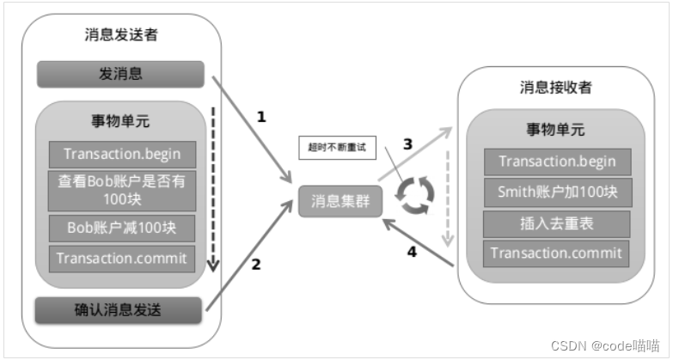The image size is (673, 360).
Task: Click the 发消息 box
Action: pyautogui.click(x=120, y=74)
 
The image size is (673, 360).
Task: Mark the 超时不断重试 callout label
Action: pyautogui.click(x=331, y=147)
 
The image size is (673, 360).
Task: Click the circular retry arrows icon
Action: pyautogui.click(x=414, y=194)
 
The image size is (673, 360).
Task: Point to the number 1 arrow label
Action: pyautogui.click(x=262, y=116)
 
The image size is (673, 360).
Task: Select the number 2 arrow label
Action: pyautogui.click(x=255, y=265)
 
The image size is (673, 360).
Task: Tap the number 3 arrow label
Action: pyautogui.click(x=408, y=144)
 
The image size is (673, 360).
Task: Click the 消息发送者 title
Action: pyautogui.click(x=121, y=36)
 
